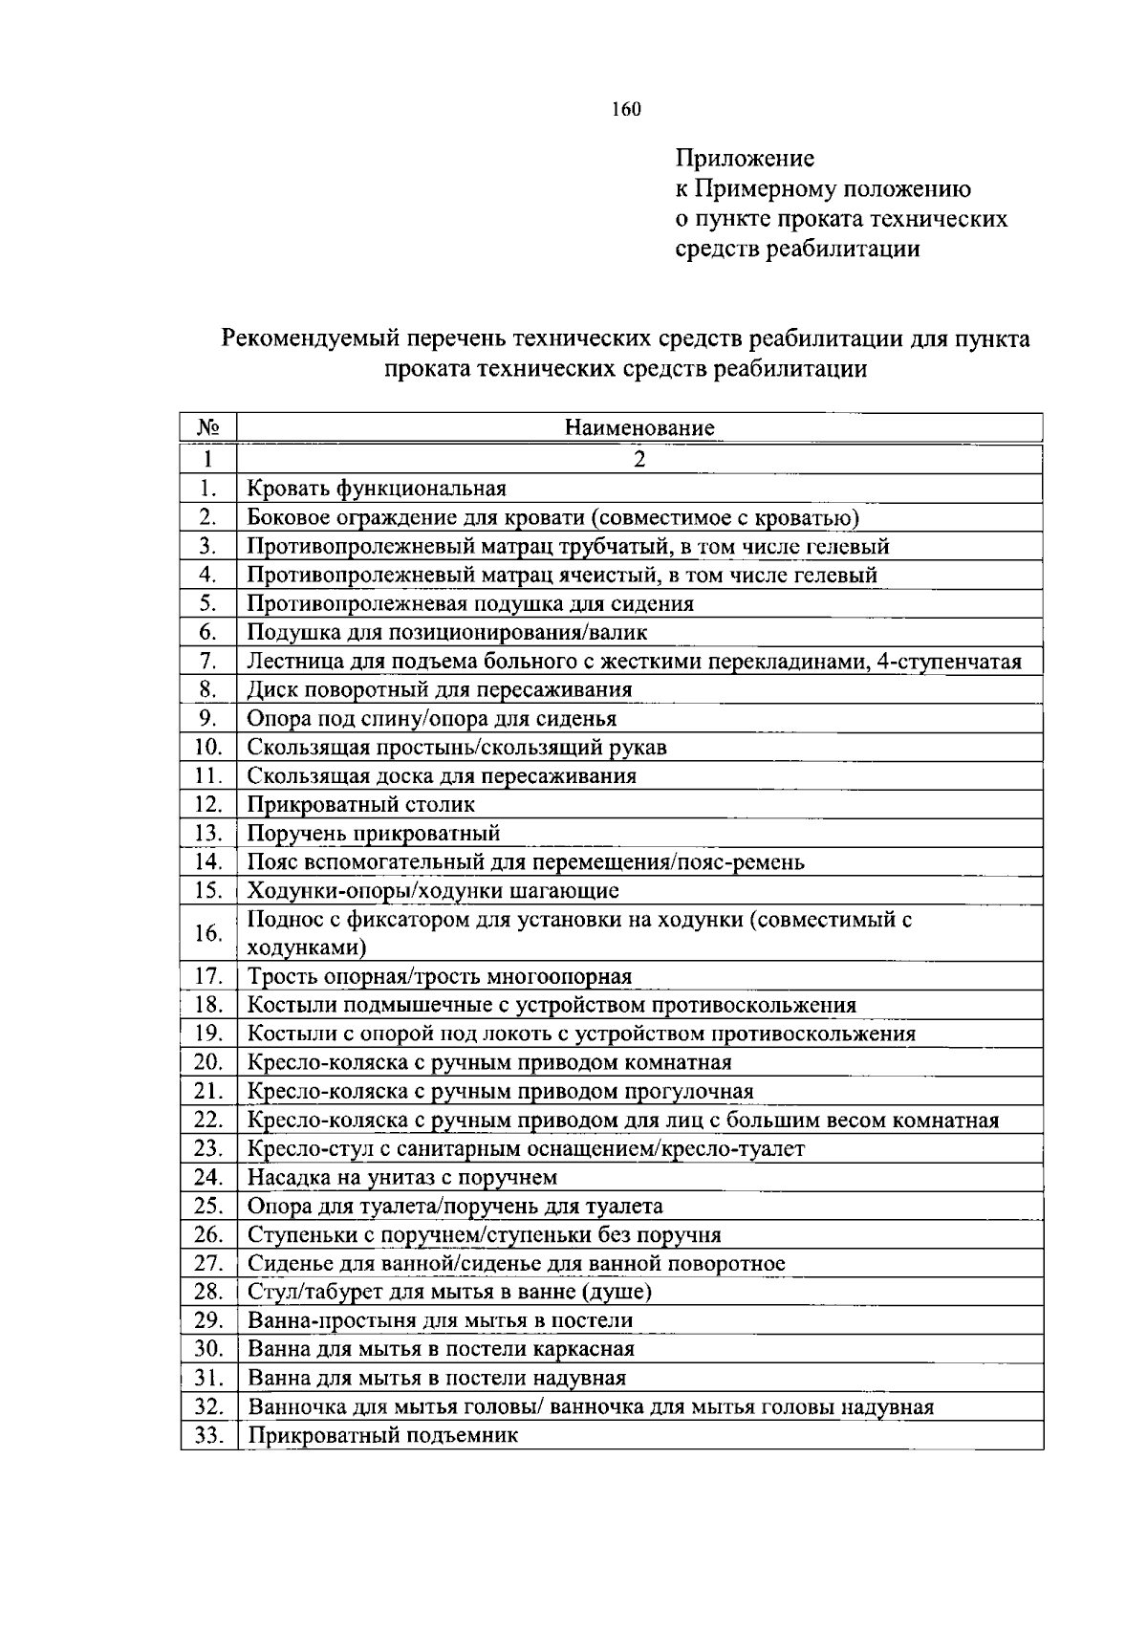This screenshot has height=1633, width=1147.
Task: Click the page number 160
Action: point(626,109)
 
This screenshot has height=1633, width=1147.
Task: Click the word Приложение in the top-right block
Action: point(745,158)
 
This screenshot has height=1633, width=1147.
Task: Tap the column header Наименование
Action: point(638,427)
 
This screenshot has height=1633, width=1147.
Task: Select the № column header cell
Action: point(207,427)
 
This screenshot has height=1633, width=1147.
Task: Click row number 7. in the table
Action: point(208,661)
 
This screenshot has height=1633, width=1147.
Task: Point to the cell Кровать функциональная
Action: point(377,489)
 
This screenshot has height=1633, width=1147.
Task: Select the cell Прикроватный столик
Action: point(361,804)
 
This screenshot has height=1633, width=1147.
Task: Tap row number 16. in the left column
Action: point(208,933)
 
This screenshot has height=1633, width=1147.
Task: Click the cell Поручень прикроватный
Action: point(374,833)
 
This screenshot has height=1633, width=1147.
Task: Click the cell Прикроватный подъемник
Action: point(382,1435)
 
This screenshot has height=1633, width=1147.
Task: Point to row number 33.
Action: point(208,1435)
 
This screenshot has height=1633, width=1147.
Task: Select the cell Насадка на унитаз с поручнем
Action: point(402,1177)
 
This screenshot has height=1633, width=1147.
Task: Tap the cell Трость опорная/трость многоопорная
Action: point(440,976)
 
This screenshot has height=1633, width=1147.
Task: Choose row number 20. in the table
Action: point(208,1062)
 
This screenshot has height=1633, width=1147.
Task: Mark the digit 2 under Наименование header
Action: point(638,459)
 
